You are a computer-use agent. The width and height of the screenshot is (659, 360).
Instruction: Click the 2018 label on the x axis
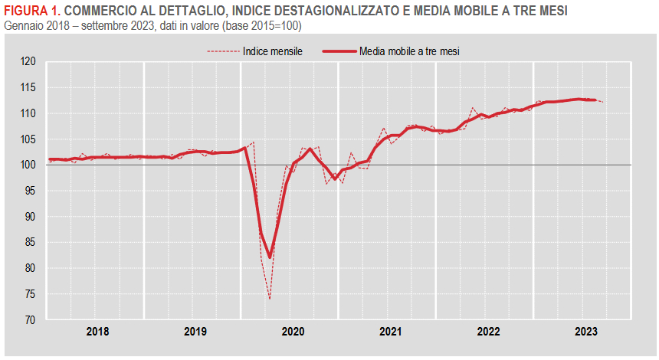[97, 332]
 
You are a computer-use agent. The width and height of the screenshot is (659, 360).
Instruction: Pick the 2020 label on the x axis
[293, 332]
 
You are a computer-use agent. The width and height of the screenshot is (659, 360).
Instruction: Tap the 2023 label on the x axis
[585, 332]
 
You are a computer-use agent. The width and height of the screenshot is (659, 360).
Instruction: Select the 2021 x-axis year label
[390, 332]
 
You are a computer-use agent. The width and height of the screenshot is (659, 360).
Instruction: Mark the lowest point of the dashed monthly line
[270, 299]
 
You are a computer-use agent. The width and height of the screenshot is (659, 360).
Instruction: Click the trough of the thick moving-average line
[270, 257]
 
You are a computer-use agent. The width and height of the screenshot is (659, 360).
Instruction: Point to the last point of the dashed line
[603, 102]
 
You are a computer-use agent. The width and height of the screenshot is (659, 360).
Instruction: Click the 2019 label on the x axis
[195, 332]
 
